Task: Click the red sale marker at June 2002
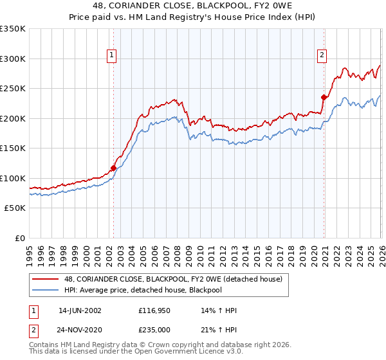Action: pos(113,168)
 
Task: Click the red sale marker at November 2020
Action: pos(324,98)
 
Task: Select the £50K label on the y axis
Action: pos(15,208)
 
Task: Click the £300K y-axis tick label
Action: pos(13,59)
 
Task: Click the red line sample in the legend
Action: pos(46,279)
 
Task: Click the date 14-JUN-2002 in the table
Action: pos(80,310)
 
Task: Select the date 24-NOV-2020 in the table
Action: pos(80,330)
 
